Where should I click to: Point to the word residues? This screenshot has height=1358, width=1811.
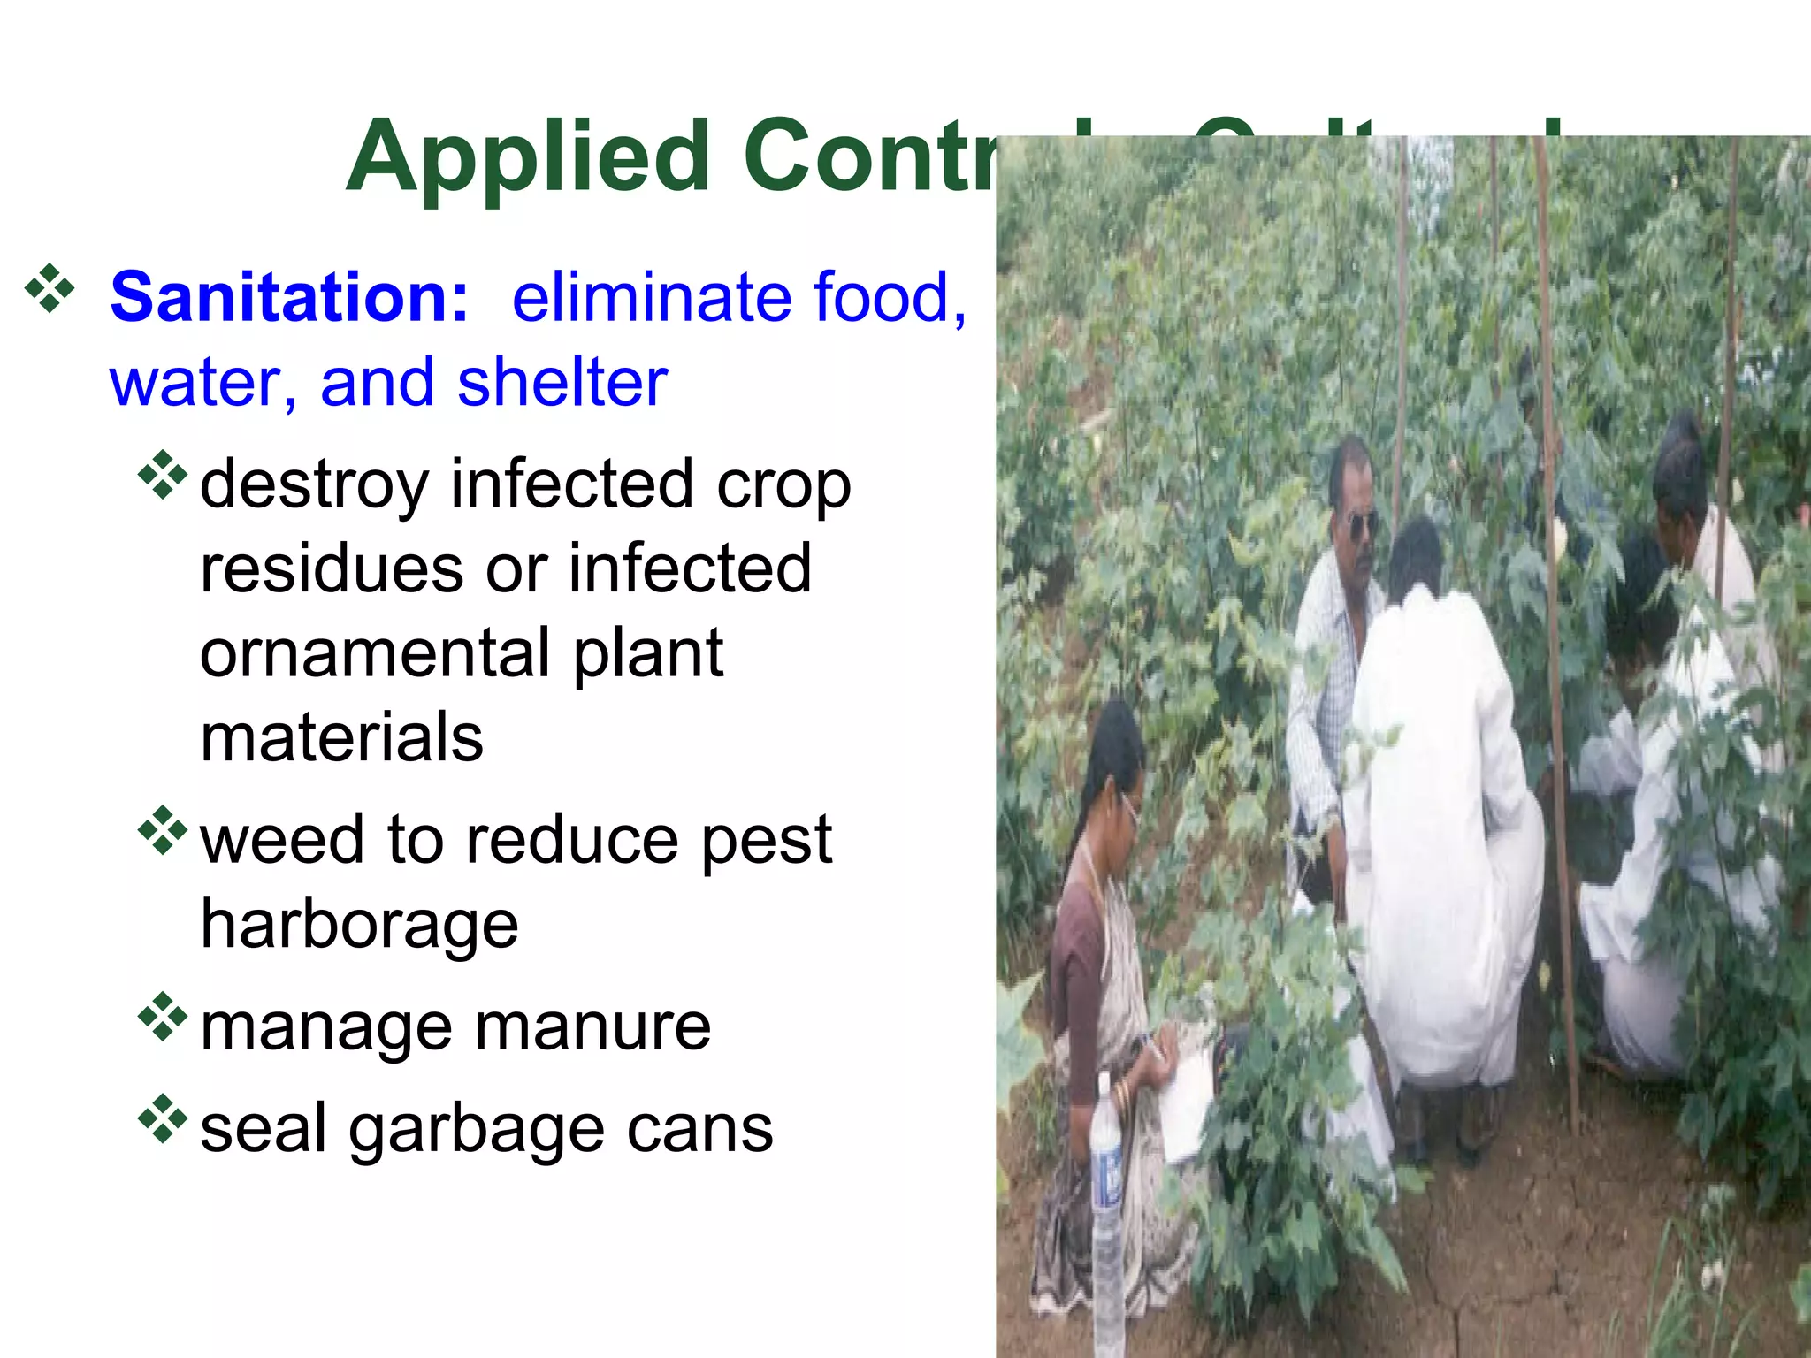click(332, 568)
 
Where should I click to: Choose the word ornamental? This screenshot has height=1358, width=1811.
click(374, 653)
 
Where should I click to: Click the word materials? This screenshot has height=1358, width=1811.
click(341, 738)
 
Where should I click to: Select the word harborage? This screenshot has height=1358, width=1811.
click(359, 925)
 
